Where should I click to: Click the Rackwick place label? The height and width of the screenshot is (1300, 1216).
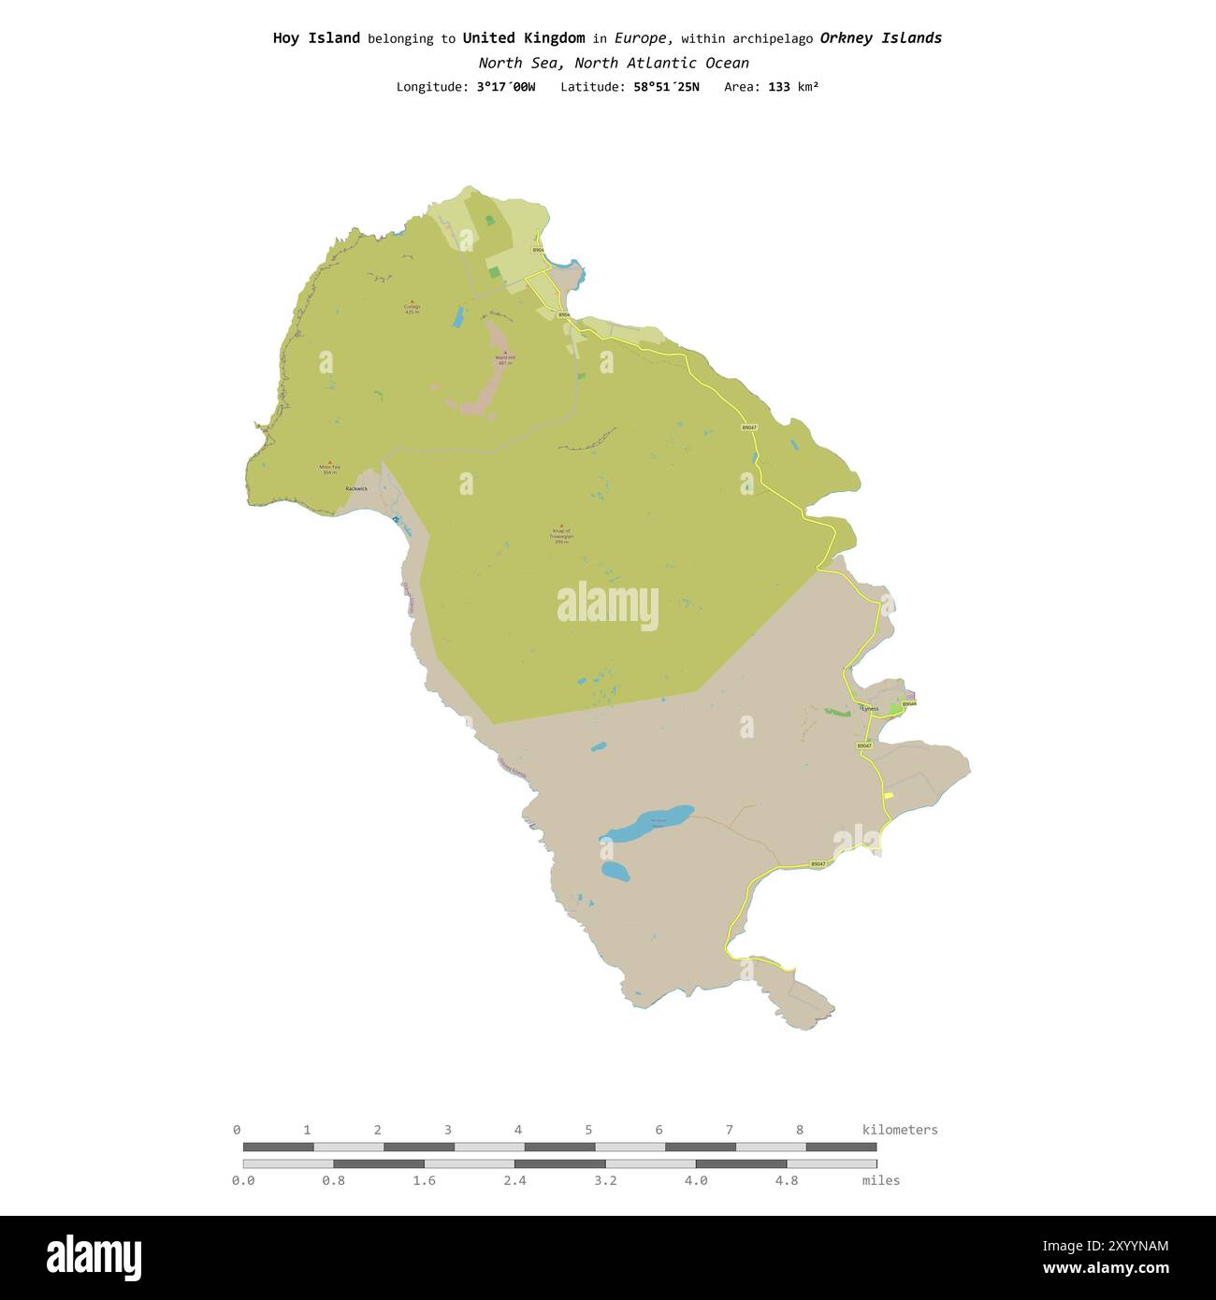[x=356, y=489]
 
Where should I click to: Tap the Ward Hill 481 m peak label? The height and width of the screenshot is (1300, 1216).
[x=505, y=359]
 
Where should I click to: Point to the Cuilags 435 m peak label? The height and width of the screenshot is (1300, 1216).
[x=413, y=308]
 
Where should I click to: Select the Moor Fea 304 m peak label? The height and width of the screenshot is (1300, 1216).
[x=329, y=468]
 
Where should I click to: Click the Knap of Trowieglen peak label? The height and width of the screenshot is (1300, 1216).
[x=561, y=534]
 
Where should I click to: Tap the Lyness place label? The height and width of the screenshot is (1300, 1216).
[x=870, y=709]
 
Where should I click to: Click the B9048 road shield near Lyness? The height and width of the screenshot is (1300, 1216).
[x=909, y=703]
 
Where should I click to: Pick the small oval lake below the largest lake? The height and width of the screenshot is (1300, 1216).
[x=615, y=872]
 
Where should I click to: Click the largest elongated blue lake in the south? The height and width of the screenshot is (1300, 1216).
[x=650, y=823]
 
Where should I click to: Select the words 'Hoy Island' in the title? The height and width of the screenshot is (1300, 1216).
[x=316, y=38]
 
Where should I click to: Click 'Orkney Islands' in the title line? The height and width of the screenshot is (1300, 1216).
[x=880, y=38]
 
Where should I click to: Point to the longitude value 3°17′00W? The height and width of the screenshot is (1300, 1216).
[x=506, y=87]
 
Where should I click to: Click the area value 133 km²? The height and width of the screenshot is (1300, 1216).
[x=793, y=87]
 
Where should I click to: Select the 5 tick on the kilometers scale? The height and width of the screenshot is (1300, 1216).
[x=588, y=1130]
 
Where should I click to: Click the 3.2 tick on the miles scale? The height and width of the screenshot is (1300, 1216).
[x=605, y=1180]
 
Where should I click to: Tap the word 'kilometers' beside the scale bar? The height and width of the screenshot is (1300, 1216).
[x=899, y=1130]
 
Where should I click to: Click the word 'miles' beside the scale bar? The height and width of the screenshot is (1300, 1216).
[x=880, y=1180]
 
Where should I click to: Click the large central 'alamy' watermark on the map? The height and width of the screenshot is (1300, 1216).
[x=608, y=606]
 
